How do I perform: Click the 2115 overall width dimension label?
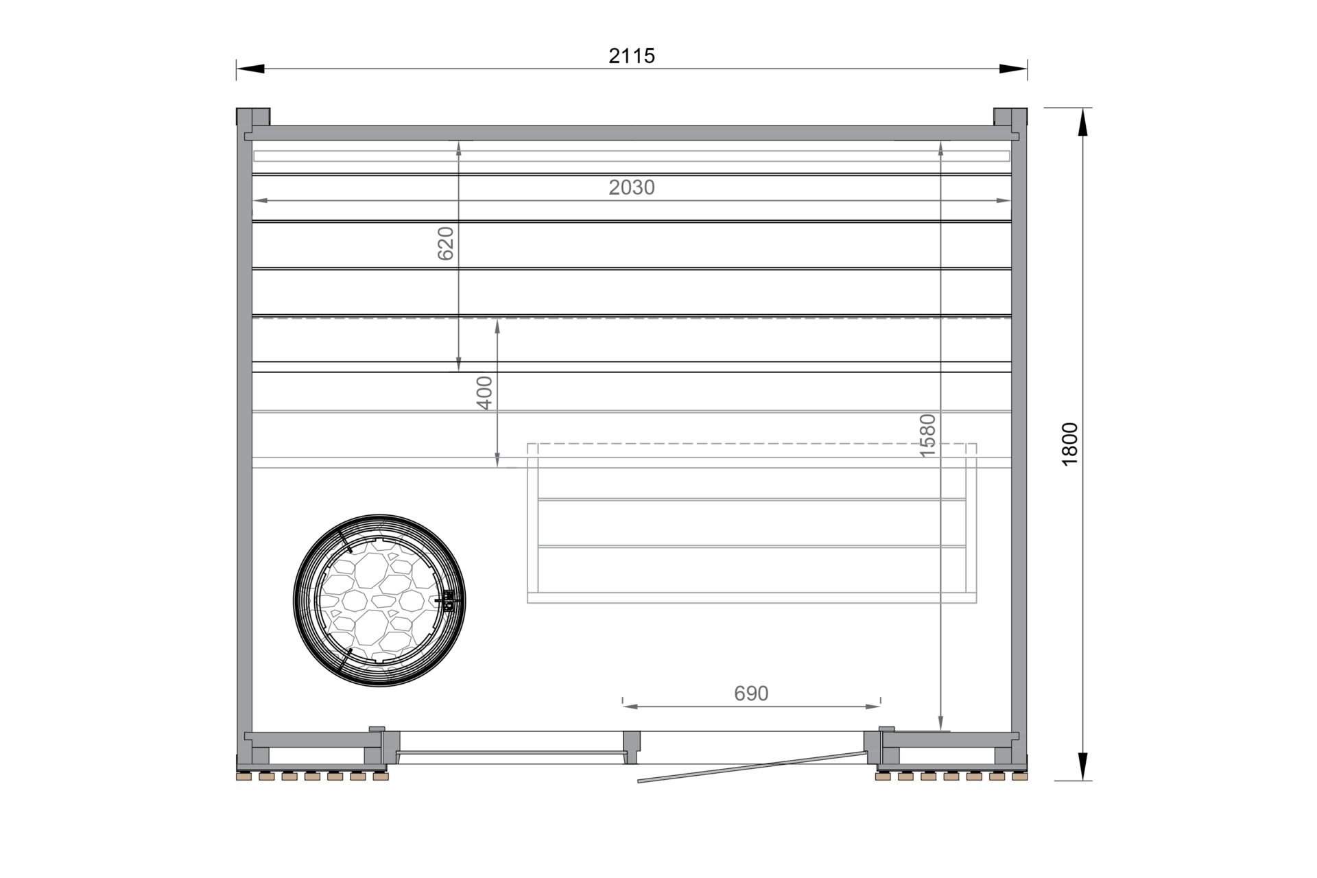632,56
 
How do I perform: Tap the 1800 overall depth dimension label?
1070,444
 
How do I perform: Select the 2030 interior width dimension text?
632,187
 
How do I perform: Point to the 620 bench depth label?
446,244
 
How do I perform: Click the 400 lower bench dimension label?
484,393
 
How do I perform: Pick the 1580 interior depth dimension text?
927,435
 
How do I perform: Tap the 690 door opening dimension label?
751,693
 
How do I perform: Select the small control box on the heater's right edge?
449,601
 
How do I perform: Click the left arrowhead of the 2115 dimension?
250,69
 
